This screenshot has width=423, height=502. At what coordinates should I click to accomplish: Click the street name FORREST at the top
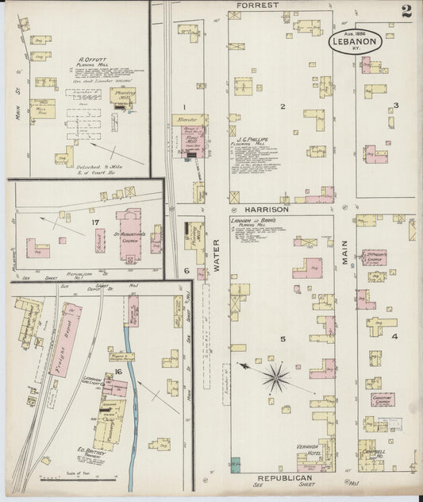(257, 6)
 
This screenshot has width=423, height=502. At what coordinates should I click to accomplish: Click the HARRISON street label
(267, 209)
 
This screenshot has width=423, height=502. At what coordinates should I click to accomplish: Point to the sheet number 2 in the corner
(406, 11)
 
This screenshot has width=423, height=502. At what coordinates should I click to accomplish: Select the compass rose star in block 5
(275, 377)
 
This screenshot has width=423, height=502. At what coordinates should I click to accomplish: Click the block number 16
(117, 372)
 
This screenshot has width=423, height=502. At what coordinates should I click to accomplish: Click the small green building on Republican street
(236, 462)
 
